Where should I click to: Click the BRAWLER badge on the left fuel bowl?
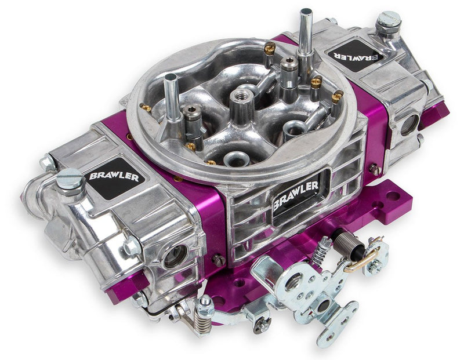(x=114, y=176)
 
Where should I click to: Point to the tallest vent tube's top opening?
(x=306, y=12)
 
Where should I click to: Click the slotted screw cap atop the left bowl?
(x=71, y=177)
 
